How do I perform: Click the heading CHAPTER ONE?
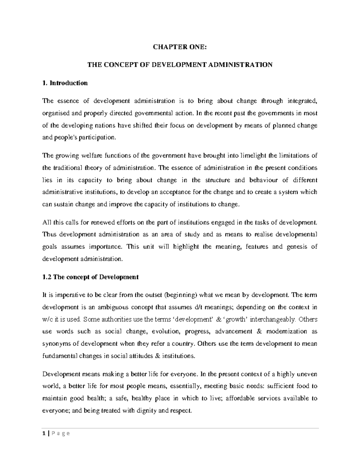pyautogui.click(x=180, y=47)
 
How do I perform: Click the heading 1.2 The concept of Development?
pyautogui.click(x=90, y=277)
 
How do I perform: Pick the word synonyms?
pyautogui.click(x=55, y=344)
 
